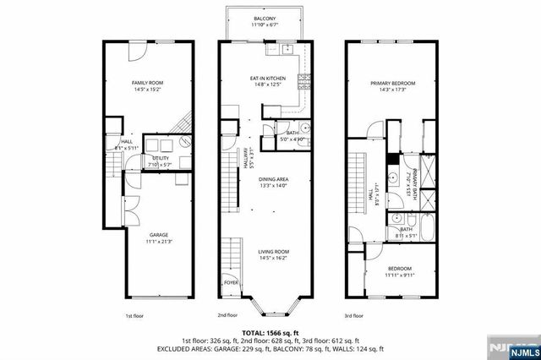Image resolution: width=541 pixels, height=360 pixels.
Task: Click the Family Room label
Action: click(x=141, y=83)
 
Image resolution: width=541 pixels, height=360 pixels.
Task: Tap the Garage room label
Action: click(x=158, y=236)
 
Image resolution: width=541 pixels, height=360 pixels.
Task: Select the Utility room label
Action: click(x=160, y=157)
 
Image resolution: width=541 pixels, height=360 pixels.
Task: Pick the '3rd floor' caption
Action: click(x=353, y=316)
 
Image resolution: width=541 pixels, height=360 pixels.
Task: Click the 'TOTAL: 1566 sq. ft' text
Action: click(x=270, y=333)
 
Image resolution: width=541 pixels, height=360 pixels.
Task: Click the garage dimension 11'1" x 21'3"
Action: click(x=158, y=242)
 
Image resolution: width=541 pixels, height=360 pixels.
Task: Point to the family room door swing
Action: click(x=136, y=51)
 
